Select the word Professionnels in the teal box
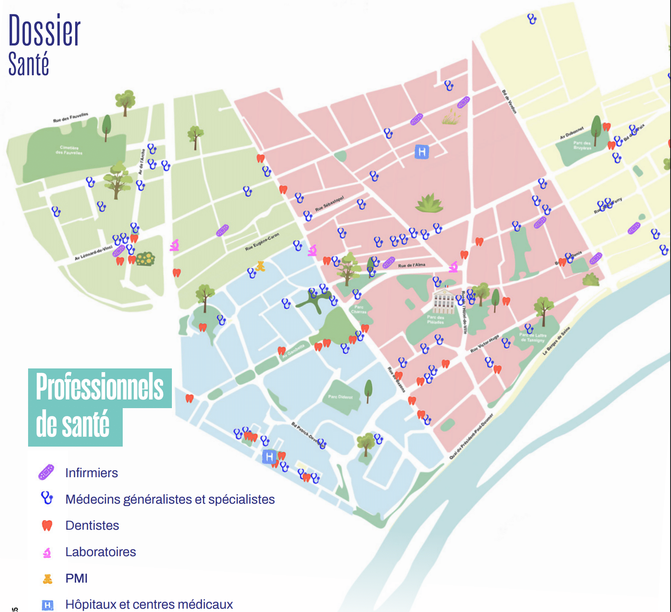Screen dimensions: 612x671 pos(100,387)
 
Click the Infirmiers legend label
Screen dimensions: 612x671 pos(91,473)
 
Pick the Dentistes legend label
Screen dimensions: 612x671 pos(92,525)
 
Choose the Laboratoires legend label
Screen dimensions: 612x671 pos(100,552)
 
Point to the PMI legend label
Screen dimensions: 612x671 pos(76,578)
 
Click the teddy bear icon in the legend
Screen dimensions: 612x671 pos(48,579)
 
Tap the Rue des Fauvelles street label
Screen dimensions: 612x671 pos(71,117)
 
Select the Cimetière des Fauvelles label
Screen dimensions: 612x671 pos(69,150)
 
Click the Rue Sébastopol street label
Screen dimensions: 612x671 pos(329,203)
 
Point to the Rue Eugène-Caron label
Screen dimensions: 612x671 pos(262,241)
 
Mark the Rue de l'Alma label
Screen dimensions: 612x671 pos(412,265)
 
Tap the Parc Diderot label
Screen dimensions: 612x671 pos(340,397)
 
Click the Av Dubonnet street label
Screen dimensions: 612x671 pos(572,133)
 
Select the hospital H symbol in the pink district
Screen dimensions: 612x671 pos(422,152)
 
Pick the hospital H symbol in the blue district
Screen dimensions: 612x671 pos(269,457)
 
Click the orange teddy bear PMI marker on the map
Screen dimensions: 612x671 pos(260,266)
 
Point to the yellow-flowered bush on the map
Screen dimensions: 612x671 pos(145,259)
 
